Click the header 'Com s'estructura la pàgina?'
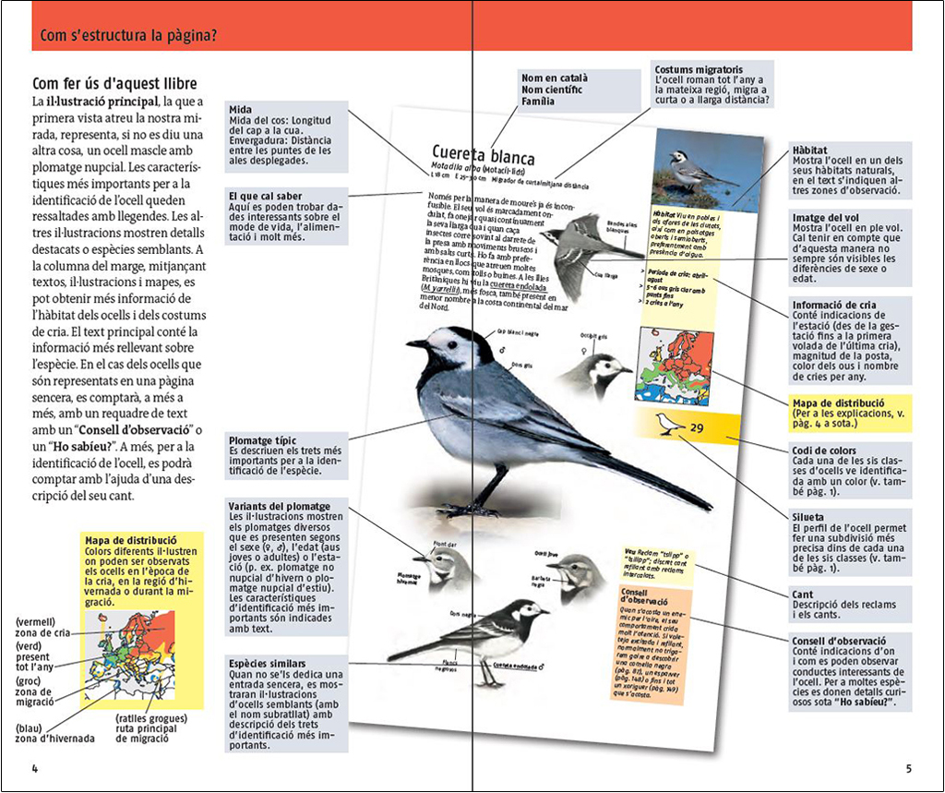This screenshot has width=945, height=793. tap(128, 37)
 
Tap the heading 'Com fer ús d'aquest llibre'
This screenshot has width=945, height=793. tap(114, 84)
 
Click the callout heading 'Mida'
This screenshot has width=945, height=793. tap(240, 110)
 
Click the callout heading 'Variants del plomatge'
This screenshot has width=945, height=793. tap(279, 506)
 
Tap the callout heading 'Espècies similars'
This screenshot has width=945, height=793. tap(274, 663)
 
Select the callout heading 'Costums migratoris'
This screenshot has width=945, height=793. tap(698, 69)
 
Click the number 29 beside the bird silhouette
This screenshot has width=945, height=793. tap(697, 427)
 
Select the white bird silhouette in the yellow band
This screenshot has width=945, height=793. tap(668, 424)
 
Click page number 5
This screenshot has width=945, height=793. tap(908, 768)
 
